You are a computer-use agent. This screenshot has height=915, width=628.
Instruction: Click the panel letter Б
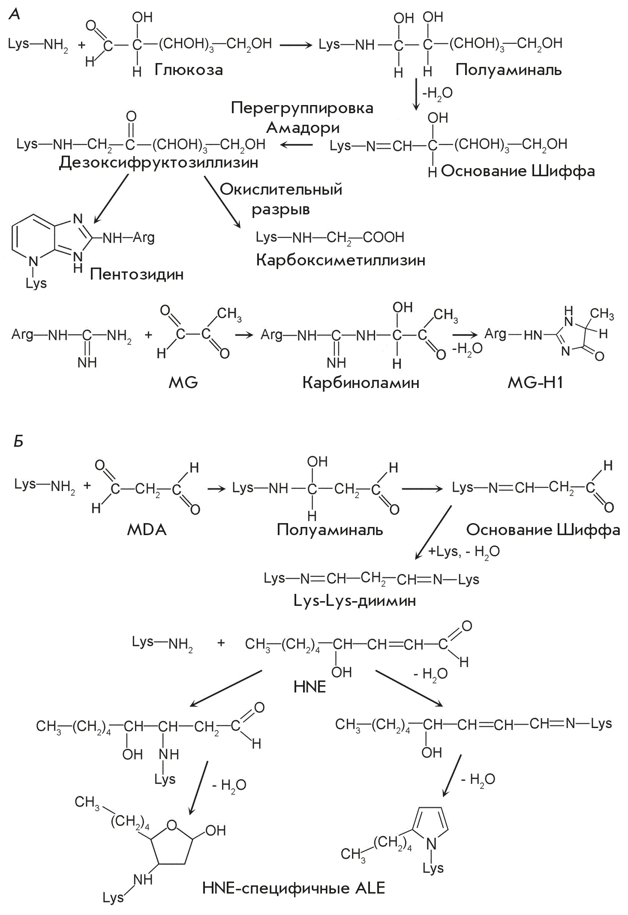point(18,441)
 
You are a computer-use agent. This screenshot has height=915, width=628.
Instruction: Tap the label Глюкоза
point(189,69)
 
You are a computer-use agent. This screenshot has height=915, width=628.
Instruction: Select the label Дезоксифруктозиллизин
point(159,163)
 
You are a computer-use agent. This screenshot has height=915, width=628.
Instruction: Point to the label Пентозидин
point(137,274)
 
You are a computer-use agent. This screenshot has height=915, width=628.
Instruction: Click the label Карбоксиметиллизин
point(341,260)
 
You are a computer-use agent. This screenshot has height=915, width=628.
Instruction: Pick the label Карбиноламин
point(361,382)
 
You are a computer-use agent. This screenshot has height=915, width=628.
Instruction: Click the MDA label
point(147,530)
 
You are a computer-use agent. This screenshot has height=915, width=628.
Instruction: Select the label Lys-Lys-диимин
point(355,600)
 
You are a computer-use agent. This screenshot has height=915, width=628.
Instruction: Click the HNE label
point(309,687)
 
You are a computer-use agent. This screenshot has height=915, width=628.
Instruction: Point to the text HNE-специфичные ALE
point(294,888)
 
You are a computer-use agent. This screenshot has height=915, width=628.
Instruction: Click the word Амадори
point(303,127)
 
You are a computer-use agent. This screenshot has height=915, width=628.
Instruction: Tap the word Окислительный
point(281,189)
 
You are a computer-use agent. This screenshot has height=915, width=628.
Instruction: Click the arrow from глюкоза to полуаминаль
point(296,44)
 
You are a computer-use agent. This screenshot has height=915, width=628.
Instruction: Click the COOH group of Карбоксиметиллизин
point(383,237)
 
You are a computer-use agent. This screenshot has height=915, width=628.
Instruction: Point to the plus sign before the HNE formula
point(221,643)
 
